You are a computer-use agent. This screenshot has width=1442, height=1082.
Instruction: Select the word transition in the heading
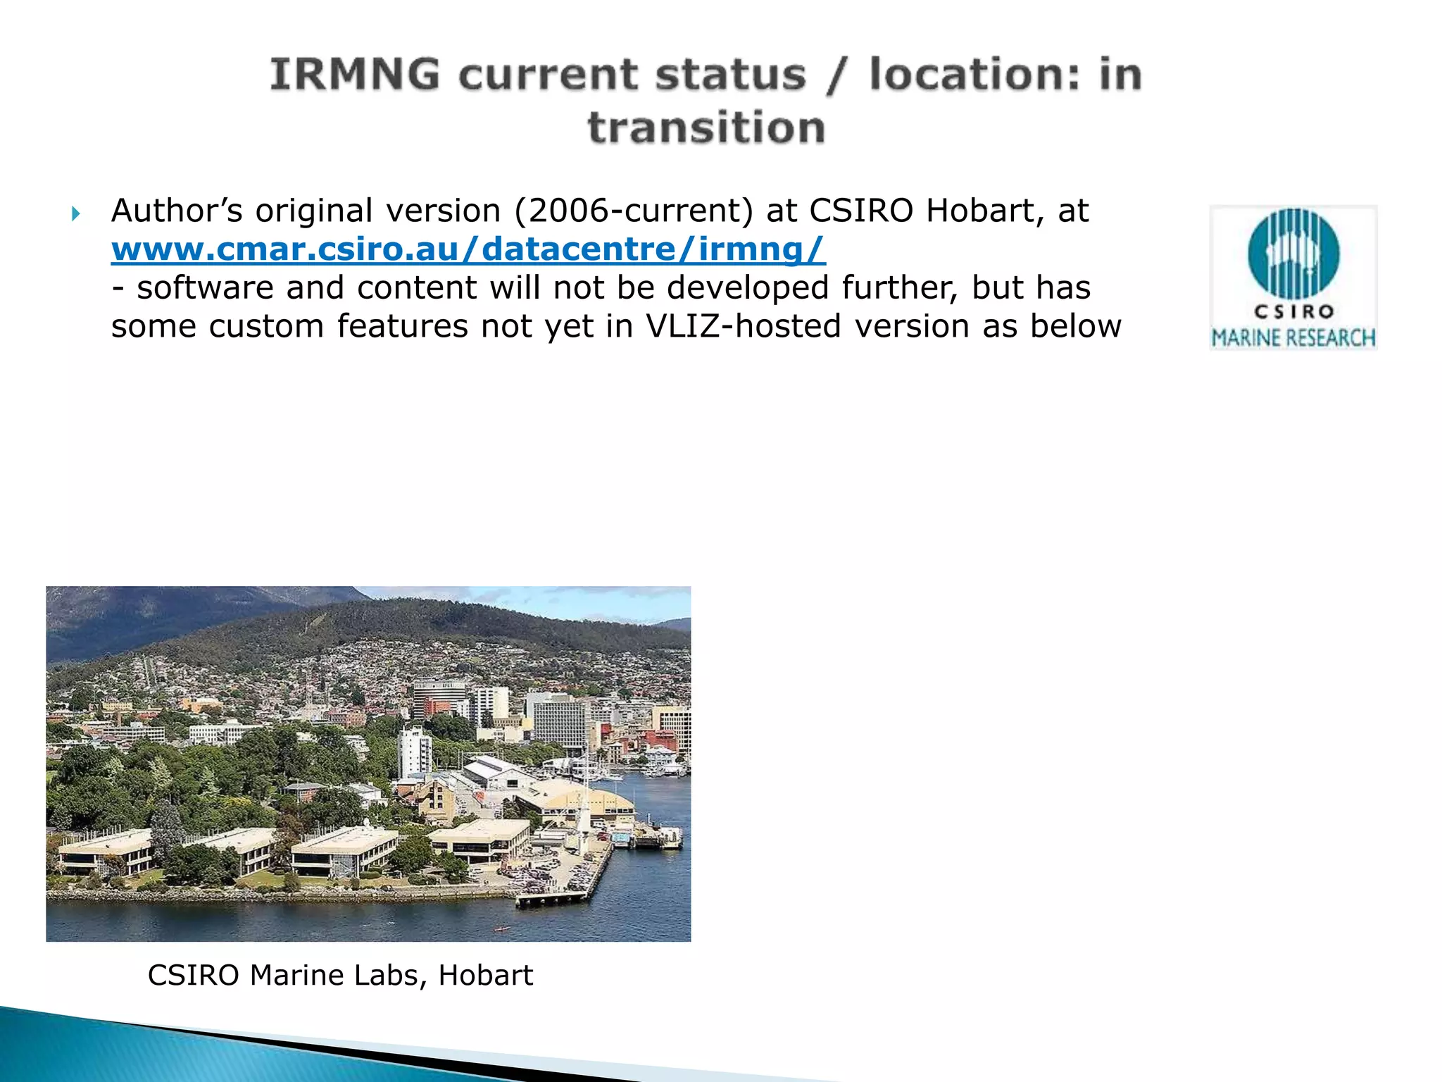pos(706,128)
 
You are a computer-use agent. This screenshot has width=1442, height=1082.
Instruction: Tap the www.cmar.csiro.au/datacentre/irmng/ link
pos(468,249)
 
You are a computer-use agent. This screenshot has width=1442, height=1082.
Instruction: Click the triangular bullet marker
pos(76,213)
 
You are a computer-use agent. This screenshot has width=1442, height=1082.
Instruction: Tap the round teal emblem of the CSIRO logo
pos(1293,254)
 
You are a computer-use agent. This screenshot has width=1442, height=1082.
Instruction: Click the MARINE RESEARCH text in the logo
pos(1293,338)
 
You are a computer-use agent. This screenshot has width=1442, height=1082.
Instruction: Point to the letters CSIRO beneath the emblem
pos(1293,311)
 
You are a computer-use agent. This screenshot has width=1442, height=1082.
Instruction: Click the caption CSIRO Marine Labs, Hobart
pos(340,976)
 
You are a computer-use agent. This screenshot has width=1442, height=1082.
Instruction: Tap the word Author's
pos(177,211)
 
